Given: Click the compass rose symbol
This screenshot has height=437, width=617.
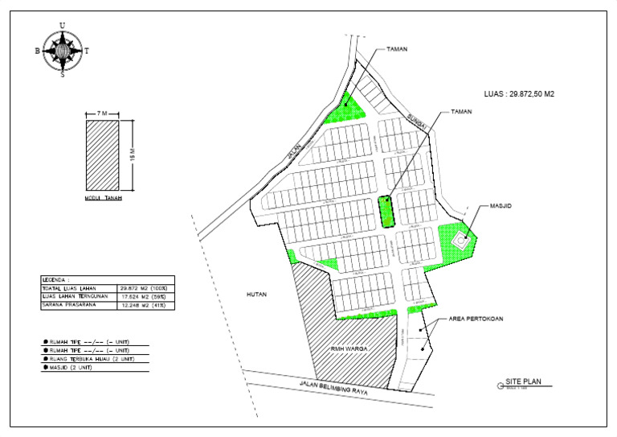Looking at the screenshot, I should (63, 50).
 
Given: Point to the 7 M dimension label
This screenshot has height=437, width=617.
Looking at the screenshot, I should (102, 114).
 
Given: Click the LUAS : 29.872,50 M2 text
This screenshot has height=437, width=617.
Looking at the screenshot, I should (520, 94).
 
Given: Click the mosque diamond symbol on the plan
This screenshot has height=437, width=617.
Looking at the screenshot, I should (463, 239).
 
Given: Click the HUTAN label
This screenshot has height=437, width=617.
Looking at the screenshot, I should (257, 295).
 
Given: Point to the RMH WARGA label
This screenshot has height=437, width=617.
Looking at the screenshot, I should (347, 348).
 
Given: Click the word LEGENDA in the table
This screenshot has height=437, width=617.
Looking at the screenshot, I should (56, 279).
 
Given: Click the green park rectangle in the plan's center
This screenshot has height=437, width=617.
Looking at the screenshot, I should (386, 212).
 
